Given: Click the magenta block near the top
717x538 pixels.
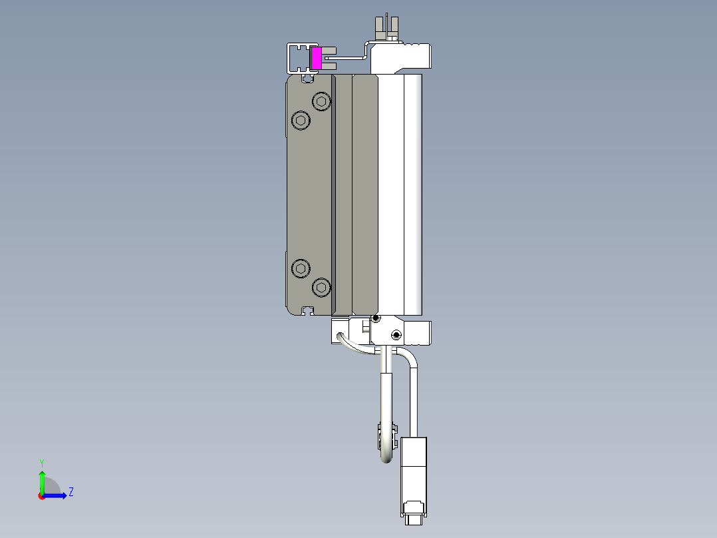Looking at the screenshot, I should [317, 58].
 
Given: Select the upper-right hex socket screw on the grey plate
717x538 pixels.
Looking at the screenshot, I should [322, 102].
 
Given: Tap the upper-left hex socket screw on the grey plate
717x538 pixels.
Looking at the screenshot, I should [301, 121].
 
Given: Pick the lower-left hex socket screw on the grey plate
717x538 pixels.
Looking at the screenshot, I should [301, 268].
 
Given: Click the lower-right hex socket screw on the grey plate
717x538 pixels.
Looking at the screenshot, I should [322, 288].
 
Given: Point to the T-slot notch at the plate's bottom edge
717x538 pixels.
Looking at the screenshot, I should [307, 310].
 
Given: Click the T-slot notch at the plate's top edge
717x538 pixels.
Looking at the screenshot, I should [307, 78].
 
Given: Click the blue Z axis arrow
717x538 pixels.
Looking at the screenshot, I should [56, 495].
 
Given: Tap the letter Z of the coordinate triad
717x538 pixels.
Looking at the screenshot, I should [71, 492].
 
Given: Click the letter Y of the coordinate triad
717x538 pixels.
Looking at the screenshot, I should [42, 462].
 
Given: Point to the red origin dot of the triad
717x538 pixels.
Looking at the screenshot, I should [42, 496].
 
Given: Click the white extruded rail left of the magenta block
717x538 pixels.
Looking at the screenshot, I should [297, 59].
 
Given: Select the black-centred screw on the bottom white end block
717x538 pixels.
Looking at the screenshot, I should [396, 335].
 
